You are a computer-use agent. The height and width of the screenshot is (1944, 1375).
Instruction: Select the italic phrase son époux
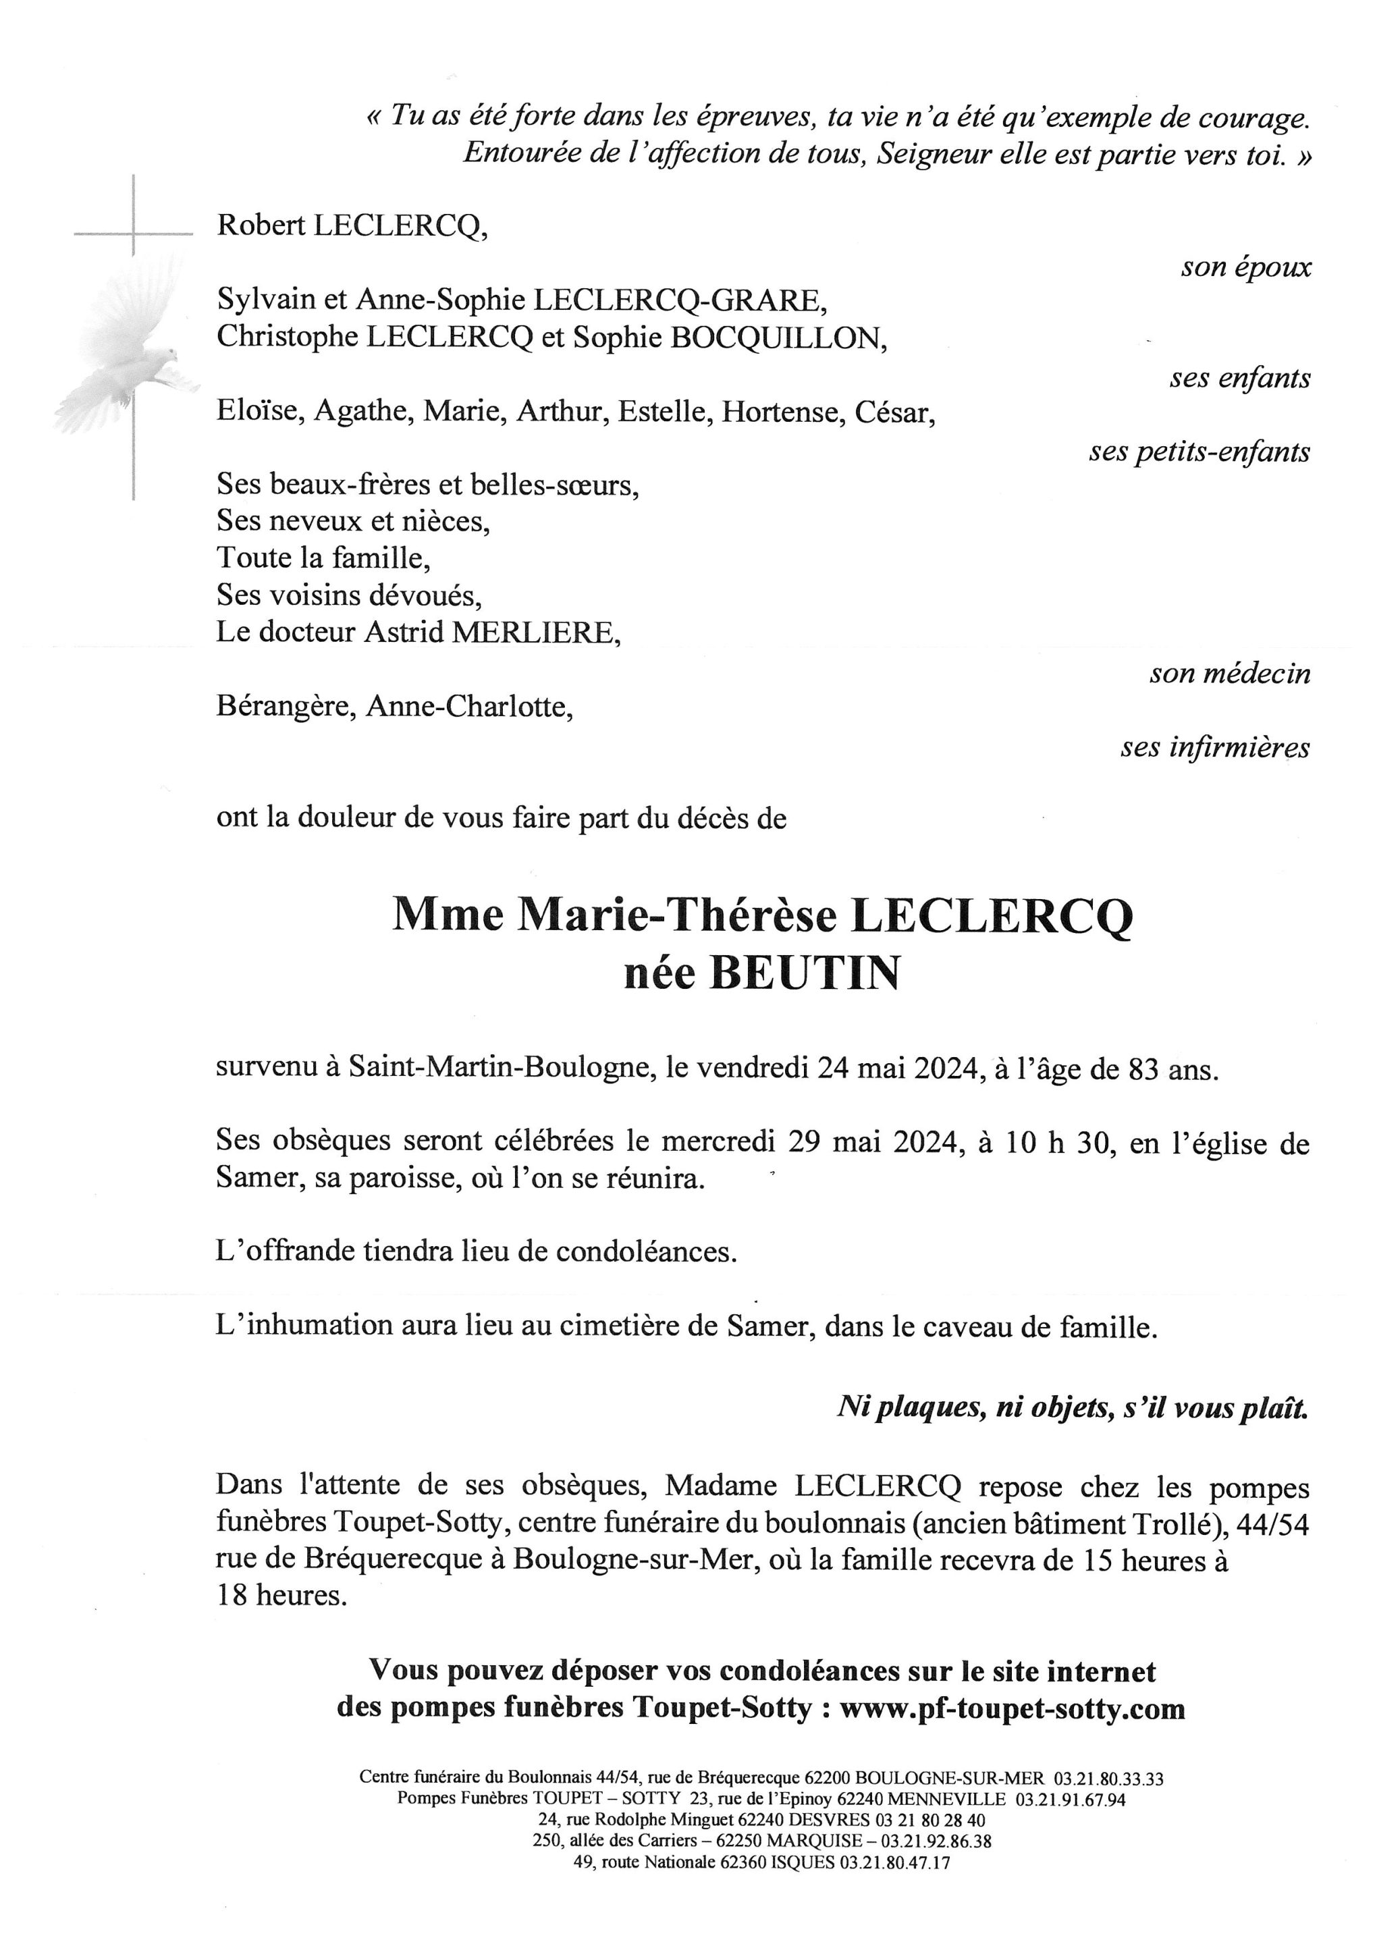[1245, 267]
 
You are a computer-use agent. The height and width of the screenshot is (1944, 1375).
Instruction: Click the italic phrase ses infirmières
[1215, 748]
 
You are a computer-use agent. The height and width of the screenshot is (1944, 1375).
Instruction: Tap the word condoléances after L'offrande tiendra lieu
[646, 1252]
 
